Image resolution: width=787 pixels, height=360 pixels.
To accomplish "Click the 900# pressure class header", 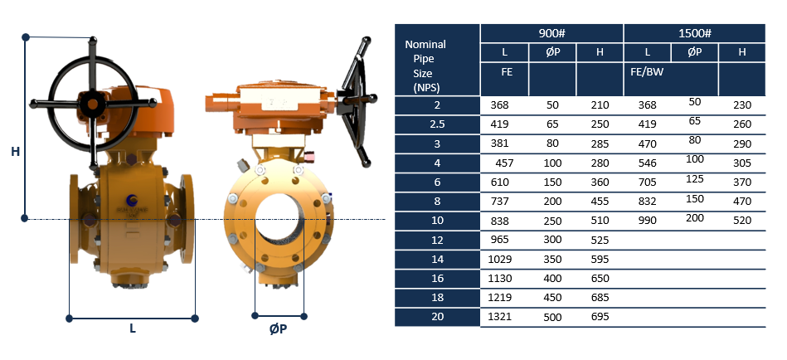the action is (x=551, y=33).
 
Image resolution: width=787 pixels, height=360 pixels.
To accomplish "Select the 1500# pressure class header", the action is (x=694, y=33).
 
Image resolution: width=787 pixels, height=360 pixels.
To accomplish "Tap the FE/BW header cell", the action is (x=647, y=72).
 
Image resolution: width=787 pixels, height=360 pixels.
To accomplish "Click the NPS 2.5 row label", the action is (x=438, y=124).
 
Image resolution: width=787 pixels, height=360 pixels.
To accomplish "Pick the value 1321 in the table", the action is (x=499, y=317).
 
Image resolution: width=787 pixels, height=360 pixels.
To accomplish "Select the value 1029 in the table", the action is (x=499, y=259).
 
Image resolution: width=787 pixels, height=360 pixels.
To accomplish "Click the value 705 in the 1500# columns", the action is (x=647, y=182).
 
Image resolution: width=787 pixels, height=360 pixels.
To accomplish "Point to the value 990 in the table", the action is (x=647, y=221).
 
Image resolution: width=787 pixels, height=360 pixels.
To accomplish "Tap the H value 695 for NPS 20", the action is (x=600, y=317).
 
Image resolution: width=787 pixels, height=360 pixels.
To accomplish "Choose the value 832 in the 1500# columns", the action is (x=647, y=202).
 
